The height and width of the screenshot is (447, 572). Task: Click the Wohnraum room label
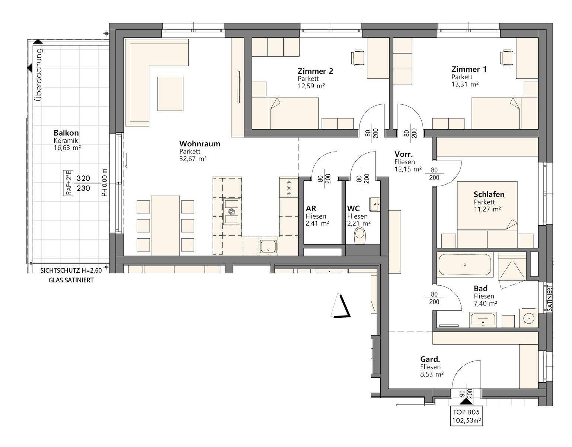point(199,144)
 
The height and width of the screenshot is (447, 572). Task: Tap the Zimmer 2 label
point(315,71)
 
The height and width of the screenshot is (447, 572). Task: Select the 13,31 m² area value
point(465,84)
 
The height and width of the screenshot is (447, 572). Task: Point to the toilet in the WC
point(360,235)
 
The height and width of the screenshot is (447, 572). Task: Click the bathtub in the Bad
point(464,265)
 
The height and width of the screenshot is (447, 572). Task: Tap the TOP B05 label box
point(466,416)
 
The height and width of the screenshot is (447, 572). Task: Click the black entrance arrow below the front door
point(466,402)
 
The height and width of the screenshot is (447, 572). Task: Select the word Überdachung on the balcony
point(38,74)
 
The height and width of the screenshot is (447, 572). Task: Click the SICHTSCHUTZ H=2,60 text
point(71,270)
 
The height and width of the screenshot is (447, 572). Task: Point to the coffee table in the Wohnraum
point(170,94)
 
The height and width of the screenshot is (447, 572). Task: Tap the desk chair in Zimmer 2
point(358,58)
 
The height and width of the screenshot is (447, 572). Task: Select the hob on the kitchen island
point(231,212)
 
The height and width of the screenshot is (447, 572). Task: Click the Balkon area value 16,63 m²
point(67,148)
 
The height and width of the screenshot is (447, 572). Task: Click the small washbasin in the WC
point(375,204)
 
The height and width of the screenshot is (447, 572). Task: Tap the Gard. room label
point(430,359)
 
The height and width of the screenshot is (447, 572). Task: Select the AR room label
point(311,209)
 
